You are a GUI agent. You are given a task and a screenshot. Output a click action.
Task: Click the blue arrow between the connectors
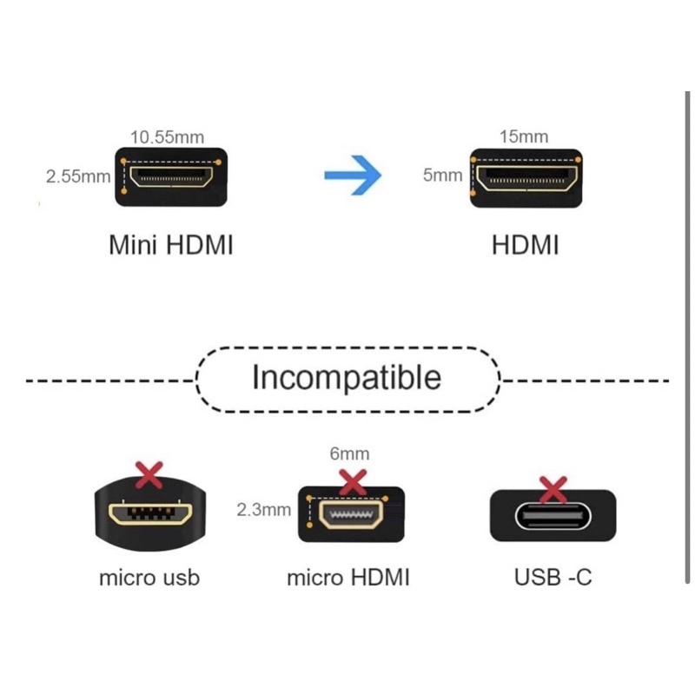(353, 176)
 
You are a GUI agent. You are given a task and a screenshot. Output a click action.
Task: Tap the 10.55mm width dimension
(167, 137)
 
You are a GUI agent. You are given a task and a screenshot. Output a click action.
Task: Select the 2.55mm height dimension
(78, 176)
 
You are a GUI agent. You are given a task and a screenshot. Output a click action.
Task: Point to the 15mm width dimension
(524, 136)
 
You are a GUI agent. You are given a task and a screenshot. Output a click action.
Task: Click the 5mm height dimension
(442, 175)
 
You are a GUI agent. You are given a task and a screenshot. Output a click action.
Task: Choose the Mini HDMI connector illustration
(171, 176)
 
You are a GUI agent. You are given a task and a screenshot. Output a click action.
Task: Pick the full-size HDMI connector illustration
(526, 176)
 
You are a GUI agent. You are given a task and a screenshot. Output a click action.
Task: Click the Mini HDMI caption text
(171, 245)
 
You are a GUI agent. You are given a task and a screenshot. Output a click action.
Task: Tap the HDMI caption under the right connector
(525, 245)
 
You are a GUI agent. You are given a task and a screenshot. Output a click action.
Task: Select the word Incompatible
(347, 378)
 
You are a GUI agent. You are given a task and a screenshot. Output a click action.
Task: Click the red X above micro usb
(150, 475)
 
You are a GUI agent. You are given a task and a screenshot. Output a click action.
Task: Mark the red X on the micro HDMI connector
(352, 480)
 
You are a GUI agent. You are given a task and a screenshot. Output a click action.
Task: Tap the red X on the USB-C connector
(553, 489)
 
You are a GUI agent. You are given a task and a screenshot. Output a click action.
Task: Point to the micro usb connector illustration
(149, 514)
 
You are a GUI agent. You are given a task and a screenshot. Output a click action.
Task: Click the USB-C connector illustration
(553, 514)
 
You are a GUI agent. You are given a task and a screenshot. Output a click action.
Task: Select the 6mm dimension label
(349, 453)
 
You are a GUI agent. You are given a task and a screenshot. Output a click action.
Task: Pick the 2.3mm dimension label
(263, 511)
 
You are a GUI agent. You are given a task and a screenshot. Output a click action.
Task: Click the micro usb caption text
(149, 578)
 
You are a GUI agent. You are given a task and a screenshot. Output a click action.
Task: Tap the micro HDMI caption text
(348, 578)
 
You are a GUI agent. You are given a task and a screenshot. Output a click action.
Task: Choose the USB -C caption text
(553, 578)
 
